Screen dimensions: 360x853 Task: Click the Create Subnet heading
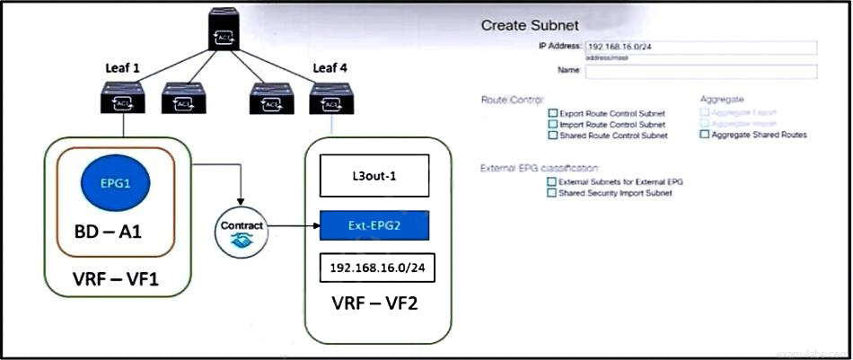tap(529, 25)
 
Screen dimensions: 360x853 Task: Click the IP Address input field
tap(699, 48)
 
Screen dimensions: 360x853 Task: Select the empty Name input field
tap(699, 72)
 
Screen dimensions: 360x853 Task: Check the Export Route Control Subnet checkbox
tap(552, 114)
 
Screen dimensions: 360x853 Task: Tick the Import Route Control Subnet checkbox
tap(552, 125)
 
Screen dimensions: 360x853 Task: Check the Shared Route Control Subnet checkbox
tap(552, 136)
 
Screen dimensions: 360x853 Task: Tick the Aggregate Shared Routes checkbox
tap(705, 135)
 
